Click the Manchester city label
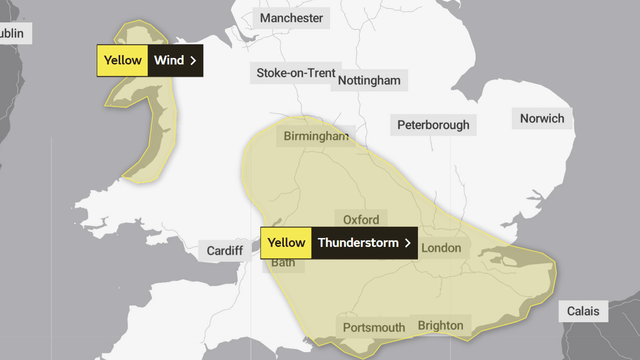(291, 18)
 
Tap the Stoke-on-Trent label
(296, 73)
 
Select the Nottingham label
(369, 80)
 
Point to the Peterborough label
(433, 125)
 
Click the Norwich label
(542, 118)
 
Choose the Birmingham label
(316, 136)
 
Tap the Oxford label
(361, 220)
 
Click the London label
(441, 248)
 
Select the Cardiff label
(225, 250)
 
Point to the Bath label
(283, 263)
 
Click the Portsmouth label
(374, 328)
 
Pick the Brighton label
(440, 326)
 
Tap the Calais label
(583, 311)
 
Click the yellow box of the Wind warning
(122, 61)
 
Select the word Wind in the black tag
(169, 61)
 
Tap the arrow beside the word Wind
(193, 61)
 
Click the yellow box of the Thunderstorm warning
(286, 243)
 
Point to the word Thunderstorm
(358, 243)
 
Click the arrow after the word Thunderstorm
(408, 243)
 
